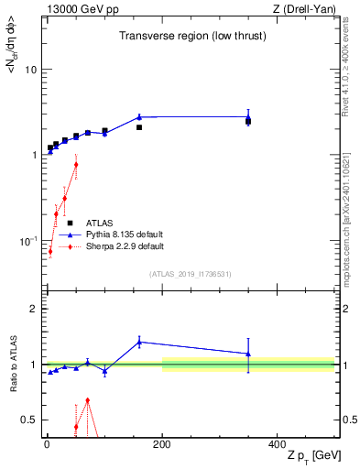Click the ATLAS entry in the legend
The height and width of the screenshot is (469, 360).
(x=101, y=223)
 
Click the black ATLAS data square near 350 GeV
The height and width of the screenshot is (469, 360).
(x=248, y=120)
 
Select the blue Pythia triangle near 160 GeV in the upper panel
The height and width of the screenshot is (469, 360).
(x=139, y=117)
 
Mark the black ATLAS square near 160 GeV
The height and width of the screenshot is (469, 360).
(x=139, y=127)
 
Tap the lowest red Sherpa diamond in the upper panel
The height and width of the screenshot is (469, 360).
(x=50, y=251)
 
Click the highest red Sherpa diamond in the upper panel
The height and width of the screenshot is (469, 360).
(x=76, y=165)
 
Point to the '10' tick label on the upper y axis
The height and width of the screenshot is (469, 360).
(x=29, y=70)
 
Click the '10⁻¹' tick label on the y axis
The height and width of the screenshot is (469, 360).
(x=26, y=240)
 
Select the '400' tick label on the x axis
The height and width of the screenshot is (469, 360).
(x=277, y=443)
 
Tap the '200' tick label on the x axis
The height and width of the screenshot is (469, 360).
(x=162, y=443)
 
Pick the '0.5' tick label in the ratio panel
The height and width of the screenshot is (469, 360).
(x=27, y=420)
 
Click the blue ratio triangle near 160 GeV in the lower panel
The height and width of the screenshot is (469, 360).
(x=139, y=342)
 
